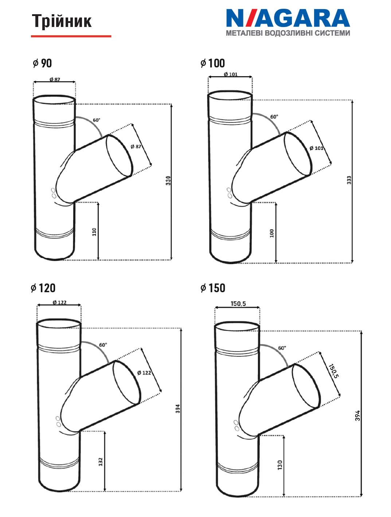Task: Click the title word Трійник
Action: click(x=62, y=21)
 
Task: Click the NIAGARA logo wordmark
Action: click(x=288, y=18)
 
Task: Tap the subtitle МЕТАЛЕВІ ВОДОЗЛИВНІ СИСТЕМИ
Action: click(x=288, y=33)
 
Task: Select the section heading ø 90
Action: click(x=42, y=63)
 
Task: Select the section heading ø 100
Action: click(x=212, y=63)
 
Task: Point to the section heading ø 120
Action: click(x=43, y=288)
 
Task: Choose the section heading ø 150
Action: click(x=213, y=288)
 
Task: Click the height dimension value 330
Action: click(x=168, y=181)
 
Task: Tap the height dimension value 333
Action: click(x=349, y=180)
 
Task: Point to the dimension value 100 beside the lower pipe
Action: click(x=272, y=233)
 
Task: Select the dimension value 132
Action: click(x=101, y=462)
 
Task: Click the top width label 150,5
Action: click(x=238, y=304)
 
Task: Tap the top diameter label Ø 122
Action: click(x=60, y=302)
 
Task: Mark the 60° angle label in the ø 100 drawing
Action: click(x=274, y=117)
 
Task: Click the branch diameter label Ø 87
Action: click(x=136, y=146)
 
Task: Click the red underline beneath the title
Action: click(x=71, y=36)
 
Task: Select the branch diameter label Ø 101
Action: click(x=316, y=148)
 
